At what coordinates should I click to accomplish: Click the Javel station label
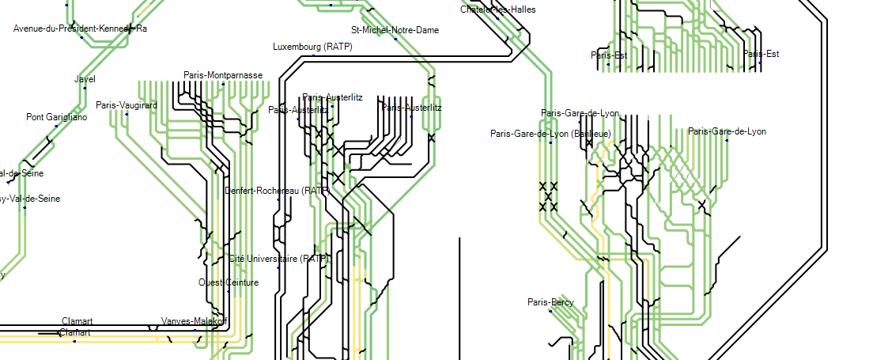pyautogui.click(x=85, y=79)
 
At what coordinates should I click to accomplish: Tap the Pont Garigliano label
pyautogui.click(x=57, y=117)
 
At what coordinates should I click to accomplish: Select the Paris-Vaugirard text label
pyautogui.click(x=127, y=104)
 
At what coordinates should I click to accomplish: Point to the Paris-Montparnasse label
pyautogui.click(x=223, y=75)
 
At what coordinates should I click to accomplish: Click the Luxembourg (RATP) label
pyautogui.click(x=312, y=47)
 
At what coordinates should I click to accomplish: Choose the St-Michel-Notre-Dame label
pyautogui.click(x=395, y=30)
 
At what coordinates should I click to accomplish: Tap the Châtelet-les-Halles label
pyautogui.click(x=497, y=9)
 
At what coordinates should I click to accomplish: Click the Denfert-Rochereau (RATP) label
pyautogui.click(x=277, y=191)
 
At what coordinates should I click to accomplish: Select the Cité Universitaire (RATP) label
pyautogui.click(x=278, y=259)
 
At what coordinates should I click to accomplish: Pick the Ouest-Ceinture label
pyautogui.click(x=229, y=282)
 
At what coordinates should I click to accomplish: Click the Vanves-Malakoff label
pyautogui.click(x=195, y=321)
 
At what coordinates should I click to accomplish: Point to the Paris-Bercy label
pyautogui.click(x=550, y=302)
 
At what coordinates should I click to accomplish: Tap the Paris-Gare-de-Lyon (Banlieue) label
pyautogui.click(x=550, y=134)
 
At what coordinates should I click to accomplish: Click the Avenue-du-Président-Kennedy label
pyautogui.click(x=80, y=28)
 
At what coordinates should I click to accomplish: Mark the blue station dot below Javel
pyautogui.click(x=85, y=89)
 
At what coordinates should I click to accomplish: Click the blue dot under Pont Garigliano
pyautogui.click(x=57, y=127)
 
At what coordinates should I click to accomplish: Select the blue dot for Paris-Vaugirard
pyautogui.click(x=127, y=114)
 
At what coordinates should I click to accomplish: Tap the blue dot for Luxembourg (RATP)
pyautogui.click(x=313, y=56)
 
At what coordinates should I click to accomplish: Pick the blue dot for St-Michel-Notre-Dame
pyautogui.click(x=395, y=40)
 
